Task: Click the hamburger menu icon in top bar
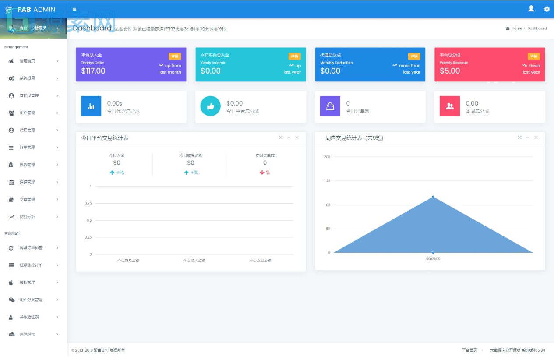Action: tap(74, 9)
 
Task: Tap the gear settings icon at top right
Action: tap(547, 9)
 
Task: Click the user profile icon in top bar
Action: tap(531, 8)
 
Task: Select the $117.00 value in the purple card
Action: tap(93, 71)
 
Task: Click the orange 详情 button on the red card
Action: tap(533, 56)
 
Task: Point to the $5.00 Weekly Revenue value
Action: tap(450, 71)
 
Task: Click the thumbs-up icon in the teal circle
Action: tap(210, 106)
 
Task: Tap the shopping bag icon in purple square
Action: tap(330, 106)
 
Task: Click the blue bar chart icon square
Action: tap(91, 106)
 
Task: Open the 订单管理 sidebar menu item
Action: tap(27, 148)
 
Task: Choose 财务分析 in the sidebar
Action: tap(27, 217)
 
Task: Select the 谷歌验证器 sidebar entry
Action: tap(29, 317)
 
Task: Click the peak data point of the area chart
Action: tap(433, 197)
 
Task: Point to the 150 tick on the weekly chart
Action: tap(327, 181)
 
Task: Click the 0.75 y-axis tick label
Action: tap(88, 203)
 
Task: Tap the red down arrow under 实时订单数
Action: tap(262, 173)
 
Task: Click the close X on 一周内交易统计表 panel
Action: tap(536, 138)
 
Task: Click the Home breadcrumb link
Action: tap(516, 28)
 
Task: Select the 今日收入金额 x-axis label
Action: tap(194, 261)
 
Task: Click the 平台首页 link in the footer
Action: tap(469, 350)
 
